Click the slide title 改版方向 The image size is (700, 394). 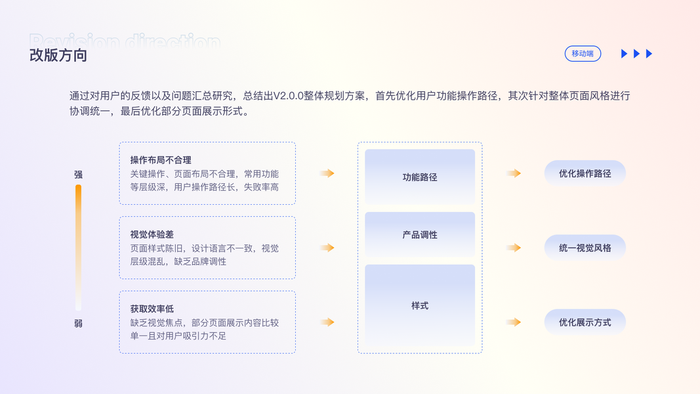pos(58,55)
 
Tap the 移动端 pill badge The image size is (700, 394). pos(583,53)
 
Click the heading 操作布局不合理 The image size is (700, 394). pos(161,160)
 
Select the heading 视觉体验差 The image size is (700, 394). pos(152,234)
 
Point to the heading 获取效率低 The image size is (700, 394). pos(152,308)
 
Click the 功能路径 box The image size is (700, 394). pos(420,177)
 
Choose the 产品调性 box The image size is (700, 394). pos(420,234)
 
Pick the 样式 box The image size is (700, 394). pos(420,305)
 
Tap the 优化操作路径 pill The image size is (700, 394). pos(585,173)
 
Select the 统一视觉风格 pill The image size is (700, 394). pos(585,248)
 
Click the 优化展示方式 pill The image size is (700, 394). pos(585,322)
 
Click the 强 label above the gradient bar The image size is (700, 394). pos(78,175)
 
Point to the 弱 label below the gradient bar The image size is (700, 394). pos(78,324)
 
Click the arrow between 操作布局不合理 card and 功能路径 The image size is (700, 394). pos(327,173)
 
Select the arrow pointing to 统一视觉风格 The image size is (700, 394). pos(514,248)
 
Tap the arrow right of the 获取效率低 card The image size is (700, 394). pos(327,322)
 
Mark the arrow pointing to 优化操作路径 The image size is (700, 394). pos(514,173)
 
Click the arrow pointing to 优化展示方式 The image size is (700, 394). pos(514,322)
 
